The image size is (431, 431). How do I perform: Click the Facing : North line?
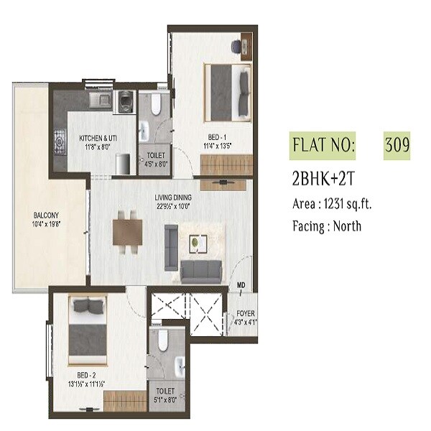(x=326, y=226)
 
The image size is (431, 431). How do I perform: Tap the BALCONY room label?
(x=45, y=215)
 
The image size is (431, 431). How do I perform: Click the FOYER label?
(x=246, y=313)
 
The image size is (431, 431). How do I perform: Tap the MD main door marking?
(x=242, y=285)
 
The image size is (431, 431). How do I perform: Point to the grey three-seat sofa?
(x=201, y=272)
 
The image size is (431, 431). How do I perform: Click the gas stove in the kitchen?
(x=59, y=140)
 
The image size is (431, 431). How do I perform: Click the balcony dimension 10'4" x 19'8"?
(x=45, y=224)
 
